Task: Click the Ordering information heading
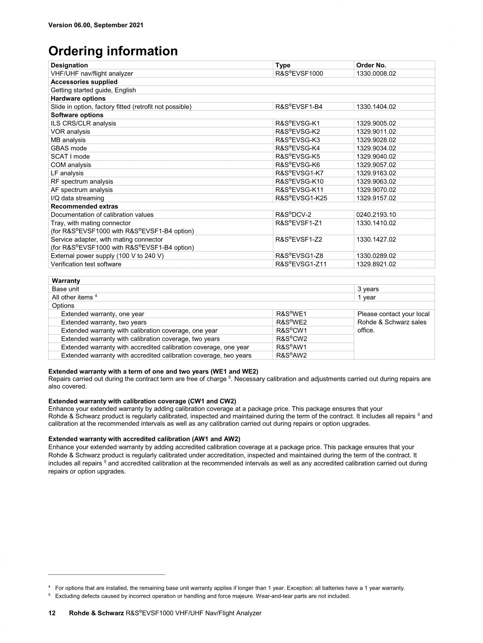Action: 113,51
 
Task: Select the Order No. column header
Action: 371,65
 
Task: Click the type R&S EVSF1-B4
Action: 299,107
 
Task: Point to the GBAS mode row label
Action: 69,148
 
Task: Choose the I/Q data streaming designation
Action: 77,198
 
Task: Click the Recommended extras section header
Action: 84,206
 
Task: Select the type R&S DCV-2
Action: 293,215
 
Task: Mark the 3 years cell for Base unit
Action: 368,289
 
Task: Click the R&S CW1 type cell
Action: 292,330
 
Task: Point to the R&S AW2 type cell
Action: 292,355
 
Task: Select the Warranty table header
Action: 66,281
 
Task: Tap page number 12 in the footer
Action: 52,613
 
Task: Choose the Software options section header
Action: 77,115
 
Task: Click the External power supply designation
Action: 107,256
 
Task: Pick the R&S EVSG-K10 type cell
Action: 299,181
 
